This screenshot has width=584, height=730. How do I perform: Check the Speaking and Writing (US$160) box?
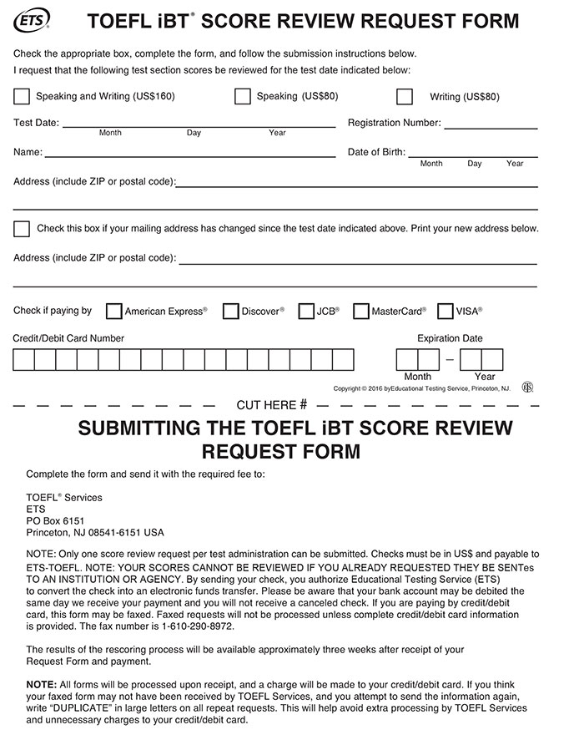[22, 96]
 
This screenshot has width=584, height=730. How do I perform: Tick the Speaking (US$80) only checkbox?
[243, 96]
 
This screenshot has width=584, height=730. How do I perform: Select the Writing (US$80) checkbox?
[405, 96]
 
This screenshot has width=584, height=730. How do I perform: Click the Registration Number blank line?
[491, 125]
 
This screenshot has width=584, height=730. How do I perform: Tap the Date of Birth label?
[376, 153]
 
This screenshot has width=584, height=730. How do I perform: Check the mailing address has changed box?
[22, 229]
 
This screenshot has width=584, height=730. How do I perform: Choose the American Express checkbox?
[113, 312]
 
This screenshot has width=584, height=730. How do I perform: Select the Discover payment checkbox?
[231, 312]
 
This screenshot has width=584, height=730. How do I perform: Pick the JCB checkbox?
[305, 312]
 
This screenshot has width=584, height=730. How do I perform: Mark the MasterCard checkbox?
[360, 312]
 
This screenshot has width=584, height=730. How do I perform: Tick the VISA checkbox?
[446, 312]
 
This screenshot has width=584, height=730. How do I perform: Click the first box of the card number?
[23, 360]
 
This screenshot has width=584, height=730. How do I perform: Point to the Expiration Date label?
[450, 338]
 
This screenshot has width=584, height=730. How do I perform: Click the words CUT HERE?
[266, 405]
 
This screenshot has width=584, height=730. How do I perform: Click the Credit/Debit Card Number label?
[68, 338]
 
